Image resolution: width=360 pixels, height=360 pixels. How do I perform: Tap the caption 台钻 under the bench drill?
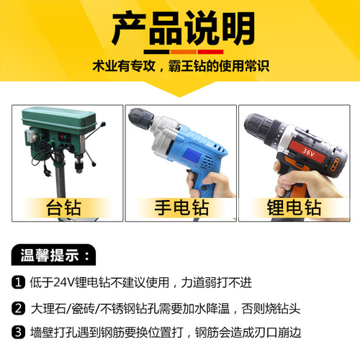(x=63, y=208)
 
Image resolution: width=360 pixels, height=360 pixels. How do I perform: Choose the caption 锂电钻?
(x=294, y=208)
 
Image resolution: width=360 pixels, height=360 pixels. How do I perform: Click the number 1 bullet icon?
(x=19, y=282)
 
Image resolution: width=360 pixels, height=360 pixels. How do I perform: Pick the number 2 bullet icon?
(x=19, y=308)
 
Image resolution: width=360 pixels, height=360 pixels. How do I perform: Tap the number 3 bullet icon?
(x=19, y=332)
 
